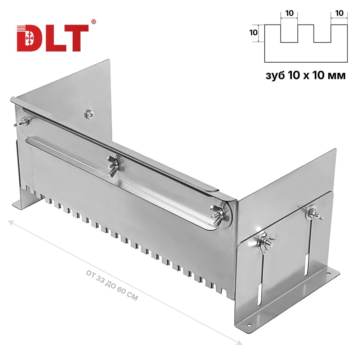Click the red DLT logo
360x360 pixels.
[x=53, y=38]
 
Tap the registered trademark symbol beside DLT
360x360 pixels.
[x=94, y=22]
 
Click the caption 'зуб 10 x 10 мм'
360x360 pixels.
[x=306, y=75]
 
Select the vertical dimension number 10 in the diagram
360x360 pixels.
[x=253, y=33]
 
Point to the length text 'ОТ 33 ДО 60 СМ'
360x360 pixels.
[x=112, y=285]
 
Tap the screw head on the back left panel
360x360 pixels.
[x=89, y=114]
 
